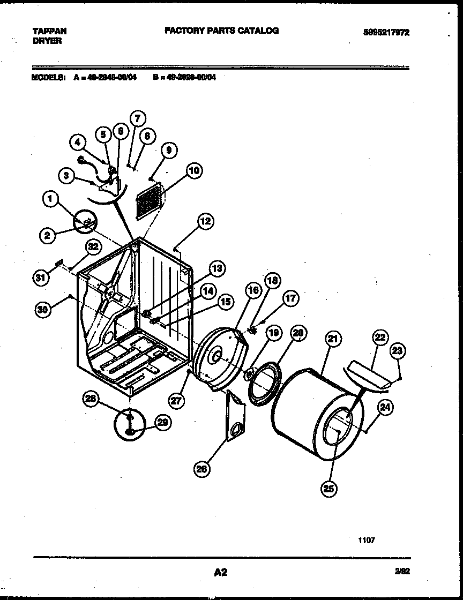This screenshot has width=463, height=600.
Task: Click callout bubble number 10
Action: [193, 171]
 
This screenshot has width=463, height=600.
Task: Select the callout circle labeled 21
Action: [333, 339]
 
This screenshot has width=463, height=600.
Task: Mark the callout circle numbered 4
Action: [78, 142]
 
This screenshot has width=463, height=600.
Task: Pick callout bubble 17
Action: [290, 298]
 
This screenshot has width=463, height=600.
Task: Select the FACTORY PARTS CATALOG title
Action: [221, 31]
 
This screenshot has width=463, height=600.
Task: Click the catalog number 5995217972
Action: [386, 32]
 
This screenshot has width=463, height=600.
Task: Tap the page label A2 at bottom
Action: [220, 573]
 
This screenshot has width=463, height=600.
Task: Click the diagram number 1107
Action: [367, 540]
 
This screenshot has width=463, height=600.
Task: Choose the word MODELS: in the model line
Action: [48, 77]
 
